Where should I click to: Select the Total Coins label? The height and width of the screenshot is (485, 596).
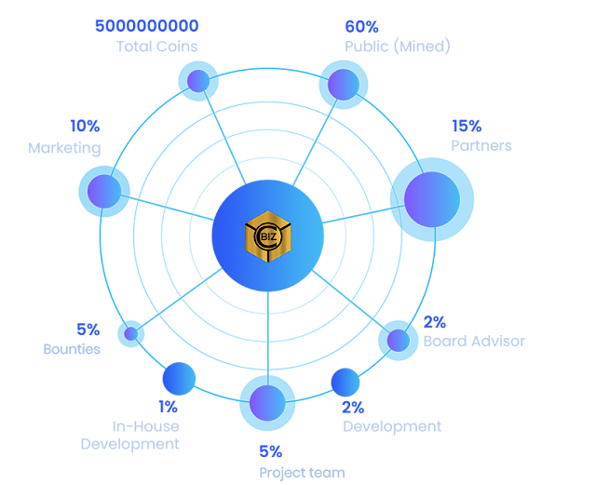click(x=156, y=46)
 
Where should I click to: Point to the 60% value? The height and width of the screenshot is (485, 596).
click(x=361, y=26)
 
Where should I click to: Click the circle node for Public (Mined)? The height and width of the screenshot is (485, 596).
click(x=345, y=84)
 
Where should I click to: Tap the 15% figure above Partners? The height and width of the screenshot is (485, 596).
click(x=467, y=126)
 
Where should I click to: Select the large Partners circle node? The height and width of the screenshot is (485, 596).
click(x=431, y=199)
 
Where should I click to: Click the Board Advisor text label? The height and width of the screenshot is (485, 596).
click(x=474, y=341)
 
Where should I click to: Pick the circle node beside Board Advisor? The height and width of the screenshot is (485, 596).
click(x=398, y=340)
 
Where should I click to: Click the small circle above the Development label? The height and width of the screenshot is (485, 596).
click(x=345, y=382)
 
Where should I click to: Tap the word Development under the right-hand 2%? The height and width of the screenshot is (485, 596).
click(x=392, y=426)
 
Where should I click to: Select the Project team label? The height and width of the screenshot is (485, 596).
click(x=302, y=473)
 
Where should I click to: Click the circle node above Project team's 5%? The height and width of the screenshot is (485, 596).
click(x=267, y=402)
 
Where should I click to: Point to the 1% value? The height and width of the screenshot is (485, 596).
click(x=168, y=406)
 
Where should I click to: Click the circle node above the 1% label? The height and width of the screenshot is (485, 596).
click(x=179, y=379)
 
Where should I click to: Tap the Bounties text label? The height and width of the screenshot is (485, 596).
click(x=72, y=349)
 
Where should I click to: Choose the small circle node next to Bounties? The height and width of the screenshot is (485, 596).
click(x=131, y=332)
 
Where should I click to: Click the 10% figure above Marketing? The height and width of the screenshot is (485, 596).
click(x=85, y=126)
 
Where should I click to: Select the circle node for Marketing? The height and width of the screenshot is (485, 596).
click(x=103, y=192)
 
